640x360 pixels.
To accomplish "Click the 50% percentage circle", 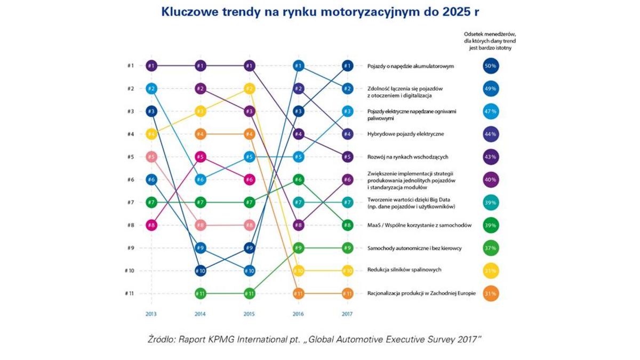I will pos(491,66).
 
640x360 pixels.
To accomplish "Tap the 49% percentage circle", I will pos(491,89).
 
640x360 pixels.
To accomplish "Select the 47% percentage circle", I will pos(491,111).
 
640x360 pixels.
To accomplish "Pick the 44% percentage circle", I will pos(491,134).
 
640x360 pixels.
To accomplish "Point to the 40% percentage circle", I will pos(491,180).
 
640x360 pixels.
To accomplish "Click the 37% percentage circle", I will pos(491,248).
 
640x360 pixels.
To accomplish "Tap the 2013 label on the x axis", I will pos(151,314).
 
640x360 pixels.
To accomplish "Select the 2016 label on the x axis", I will pos(298,314).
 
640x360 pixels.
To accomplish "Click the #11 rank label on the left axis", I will pos(130,293).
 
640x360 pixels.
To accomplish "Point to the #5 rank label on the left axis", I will pos(130,157).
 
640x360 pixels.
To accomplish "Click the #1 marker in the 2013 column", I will pos(151,66).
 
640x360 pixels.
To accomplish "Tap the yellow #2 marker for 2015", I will pos(249,89).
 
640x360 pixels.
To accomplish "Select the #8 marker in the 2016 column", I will pos(298,225).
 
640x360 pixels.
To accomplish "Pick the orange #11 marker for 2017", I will pos(347,293).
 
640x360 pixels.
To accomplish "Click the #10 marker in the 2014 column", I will pos(200,271).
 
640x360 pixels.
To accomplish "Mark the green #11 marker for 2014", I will pos(200,293).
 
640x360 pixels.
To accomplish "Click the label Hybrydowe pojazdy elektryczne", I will pos(406,134).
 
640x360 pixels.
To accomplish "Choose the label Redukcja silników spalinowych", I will pos(404,270).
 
